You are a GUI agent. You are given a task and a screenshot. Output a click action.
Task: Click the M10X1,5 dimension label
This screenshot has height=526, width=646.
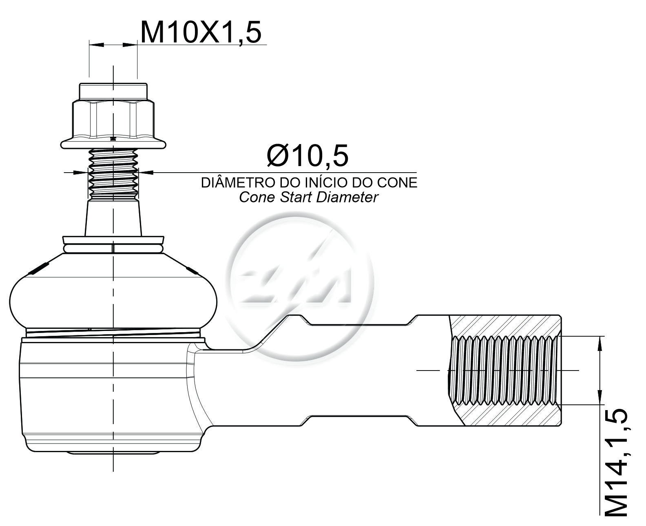click(x=201, y=32)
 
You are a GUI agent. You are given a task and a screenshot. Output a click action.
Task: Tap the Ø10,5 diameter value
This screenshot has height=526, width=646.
click(x=308, y=155)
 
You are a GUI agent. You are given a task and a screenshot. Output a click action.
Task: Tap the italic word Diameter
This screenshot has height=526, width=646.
click(x=347, y=197)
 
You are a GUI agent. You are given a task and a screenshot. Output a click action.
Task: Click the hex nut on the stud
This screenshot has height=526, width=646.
click(x=113, y=120)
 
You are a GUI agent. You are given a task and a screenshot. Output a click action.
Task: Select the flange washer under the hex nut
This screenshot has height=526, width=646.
click(x=113, y=144)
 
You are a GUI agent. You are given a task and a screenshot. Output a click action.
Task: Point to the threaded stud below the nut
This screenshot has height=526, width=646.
click(x=113, y=175)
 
